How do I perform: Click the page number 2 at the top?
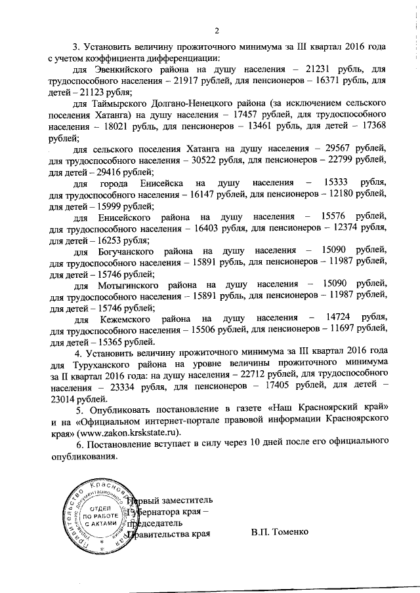tap(216, 29)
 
